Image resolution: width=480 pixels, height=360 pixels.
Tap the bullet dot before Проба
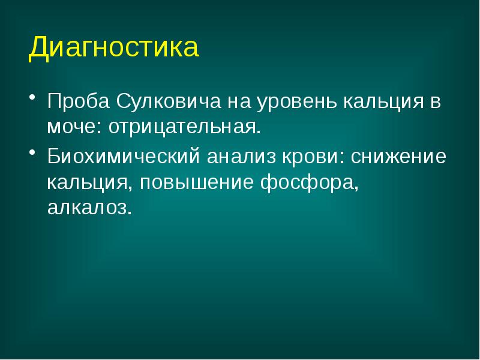coord(32,98)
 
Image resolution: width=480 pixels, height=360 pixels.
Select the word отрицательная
coord(179,127)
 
